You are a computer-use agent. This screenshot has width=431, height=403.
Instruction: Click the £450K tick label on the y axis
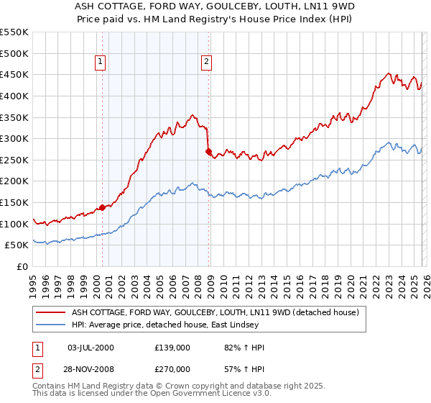(x=14, y=74)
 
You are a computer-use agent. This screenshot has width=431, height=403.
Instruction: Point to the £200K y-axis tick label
(x=14, y=181)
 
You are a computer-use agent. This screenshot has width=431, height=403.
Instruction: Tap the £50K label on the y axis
(x=17, y=245)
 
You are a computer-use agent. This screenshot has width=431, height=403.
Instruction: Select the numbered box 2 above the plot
(x=206, y=63)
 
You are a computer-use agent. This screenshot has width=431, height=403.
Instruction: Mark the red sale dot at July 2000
(x=102, y=207)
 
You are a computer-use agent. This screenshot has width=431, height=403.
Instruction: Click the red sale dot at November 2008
(x=208, y=152)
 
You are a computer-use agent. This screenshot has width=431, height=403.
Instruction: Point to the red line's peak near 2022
(x=388, y=73)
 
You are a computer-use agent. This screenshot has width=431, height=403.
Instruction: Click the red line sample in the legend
(x=51, y=312)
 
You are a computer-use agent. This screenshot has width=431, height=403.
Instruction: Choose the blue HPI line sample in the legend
(x=51, y=325)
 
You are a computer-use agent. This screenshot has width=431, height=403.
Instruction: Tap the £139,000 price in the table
(x=172, y=348)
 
